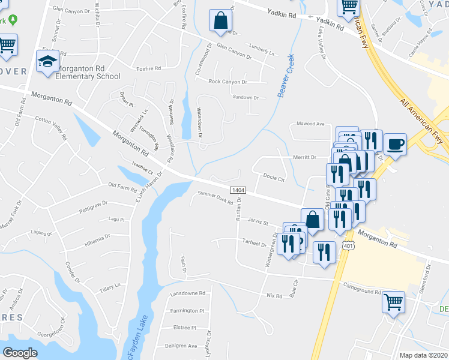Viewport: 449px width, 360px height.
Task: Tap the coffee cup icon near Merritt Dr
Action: coord(395,145)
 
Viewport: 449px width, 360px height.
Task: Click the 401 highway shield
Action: coord(348,246)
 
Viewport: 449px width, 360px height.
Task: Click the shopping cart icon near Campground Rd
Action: coord(394,302)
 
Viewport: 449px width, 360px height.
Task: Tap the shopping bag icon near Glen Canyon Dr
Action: coord(220,20)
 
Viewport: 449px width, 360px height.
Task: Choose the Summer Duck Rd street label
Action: coord(215,198)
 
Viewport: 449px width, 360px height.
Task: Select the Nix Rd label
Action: coord(274,295)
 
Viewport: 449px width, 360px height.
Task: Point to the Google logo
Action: coord(20,353)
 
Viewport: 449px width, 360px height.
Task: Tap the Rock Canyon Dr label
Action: coord(228,82)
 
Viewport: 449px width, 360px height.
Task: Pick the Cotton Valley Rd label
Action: coord(50,127)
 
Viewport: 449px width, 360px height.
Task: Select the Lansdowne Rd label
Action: coord(188,293)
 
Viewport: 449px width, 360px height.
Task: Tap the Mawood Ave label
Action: coord(310,124)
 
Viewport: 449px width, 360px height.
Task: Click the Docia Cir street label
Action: coord(273,176)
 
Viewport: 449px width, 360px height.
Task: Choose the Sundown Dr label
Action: coord(245,97)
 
